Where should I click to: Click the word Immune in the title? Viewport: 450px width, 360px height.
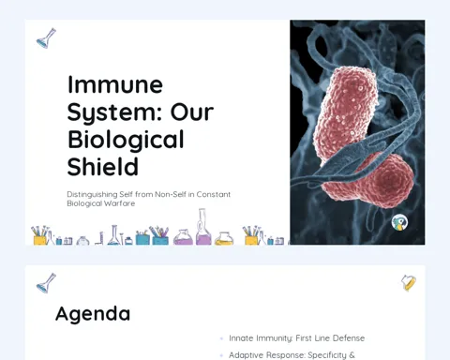tap(115, 84)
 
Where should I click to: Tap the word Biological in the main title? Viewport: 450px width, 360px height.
tap(126, 141)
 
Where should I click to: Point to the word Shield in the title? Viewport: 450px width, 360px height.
tap(103, 167)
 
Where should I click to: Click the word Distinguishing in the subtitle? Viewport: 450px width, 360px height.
tap(92, 195)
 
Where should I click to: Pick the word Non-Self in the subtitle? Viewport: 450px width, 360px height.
tap(171, 194)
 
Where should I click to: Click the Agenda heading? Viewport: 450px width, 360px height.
tap(93, 314)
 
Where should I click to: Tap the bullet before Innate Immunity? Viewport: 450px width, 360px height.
tap(221, 338)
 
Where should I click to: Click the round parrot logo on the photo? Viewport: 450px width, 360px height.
tap(399, 222)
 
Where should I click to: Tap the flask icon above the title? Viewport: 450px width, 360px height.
tap(46, 38)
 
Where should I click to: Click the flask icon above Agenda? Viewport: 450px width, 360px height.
tap(46, 283)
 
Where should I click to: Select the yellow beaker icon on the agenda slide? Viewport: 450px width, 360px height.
tap(409, 283)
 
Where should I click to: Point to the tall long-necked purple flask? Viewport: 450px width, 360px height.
tap(203, 227)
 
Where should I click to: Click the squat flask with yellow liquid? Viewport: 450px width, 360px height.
tap(224, 238)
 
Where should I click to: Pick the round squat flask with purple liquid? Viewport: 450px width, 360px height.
tap(183, 237)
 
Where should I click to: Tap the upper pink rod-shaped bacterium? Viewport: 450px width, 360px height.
tap(349, 114)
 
